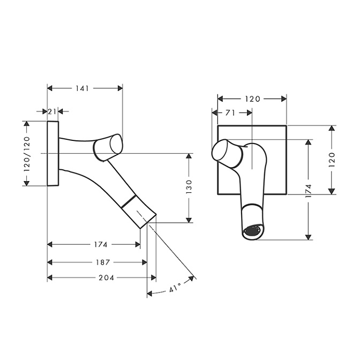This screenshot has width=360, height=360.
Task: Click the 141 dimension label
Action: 82,88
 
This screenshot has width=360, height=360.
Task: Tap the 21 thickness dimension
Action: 52,111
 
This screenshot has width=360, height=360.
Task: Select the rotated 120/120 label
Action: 27,154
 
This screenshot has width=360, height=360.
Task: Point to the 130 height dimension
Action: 189,186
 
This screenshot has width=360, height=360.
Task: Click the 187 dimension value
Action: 103,262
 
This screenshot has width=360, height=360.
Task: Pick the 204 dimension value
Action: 106,278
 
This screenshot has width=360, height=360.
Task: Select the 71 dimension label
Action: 230,112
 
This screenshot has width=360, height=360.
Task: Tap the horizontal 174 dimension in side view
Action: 101,244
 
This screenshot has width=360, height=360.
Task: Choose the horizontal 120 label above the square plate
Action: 252,99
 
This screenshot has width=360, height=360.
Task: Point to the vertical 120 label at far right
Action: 332,160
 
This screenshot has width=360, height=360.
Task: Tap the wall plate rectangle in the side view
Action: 53,153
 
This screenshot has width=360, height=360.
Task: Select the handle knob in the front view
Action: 227,153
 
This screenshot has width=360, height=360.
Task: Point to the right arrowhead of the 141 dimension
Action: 120,88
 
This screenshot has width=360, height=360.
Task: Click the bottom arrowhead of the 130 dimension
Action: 189,220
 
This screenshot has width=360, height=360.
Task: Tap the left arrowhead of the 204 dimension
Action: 50,278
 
